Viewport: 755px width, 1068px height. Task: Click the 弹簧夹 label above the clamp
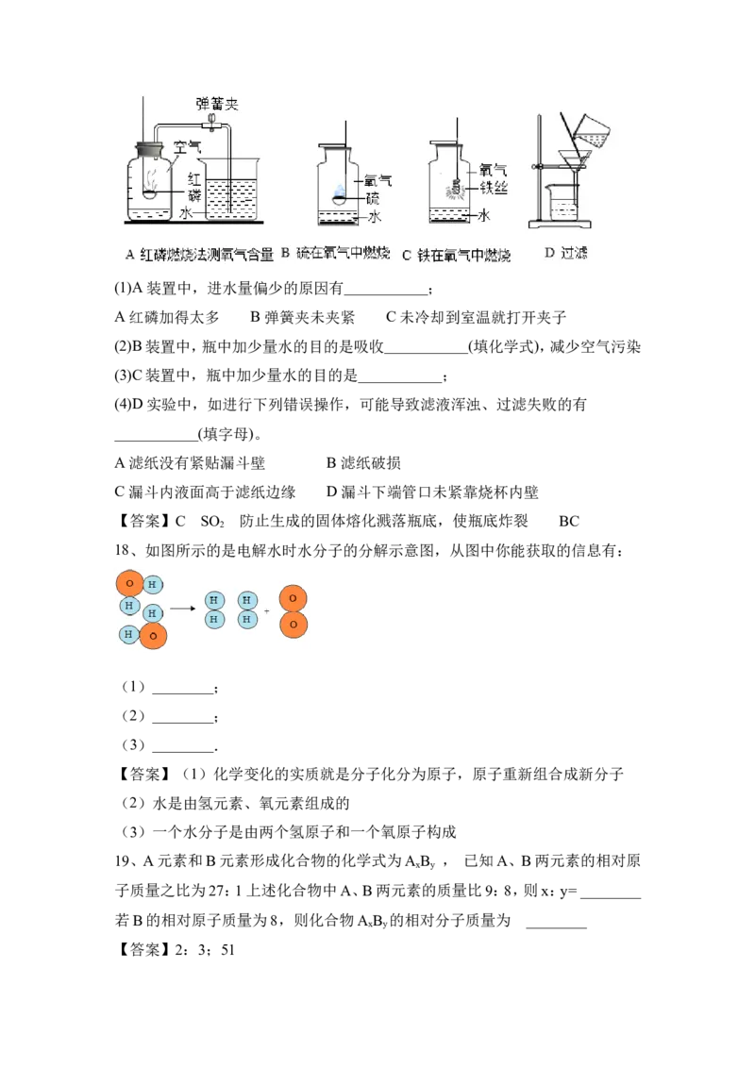click(x=217, y=104)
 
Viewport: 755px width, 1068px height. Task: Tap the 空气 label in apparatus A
click(x=187, y=146)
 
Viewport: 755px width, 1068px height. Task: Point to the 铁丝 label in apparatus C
click(x=494, y=188)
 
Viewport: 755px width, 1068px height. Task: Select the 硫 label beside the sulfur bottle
click(x=372, y=198)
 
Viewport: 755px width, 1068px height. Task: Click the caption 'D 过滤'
click(x=565, y=253)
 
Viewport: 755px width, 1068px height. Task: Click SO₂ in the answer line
click(x=212, y=522)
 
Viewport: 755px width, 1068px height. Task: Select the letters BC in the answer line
click(x=569, y=522)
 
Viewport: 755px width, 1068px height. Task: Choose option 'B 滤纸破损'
click(x=363, y=463)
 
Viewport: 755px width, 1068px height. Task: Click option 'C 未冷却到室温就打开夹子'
click(x=476, y=317)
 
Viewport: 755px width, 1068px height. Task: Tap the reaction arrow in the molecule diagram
click(x=183, y=609)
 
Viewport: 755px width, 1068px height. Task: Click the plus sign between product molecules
click(x=266, y=611)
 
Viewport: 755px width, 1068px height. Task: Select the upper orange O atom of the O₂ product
click(x=293, y=599)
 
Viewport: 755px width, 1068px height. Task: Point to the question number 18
click(x=122, y=550)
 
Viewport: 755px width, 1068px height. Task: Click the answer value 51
click(x=227, y=949)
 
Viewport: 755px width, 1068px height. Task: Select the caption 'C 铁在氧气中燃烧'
click(x=456, y=255)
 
